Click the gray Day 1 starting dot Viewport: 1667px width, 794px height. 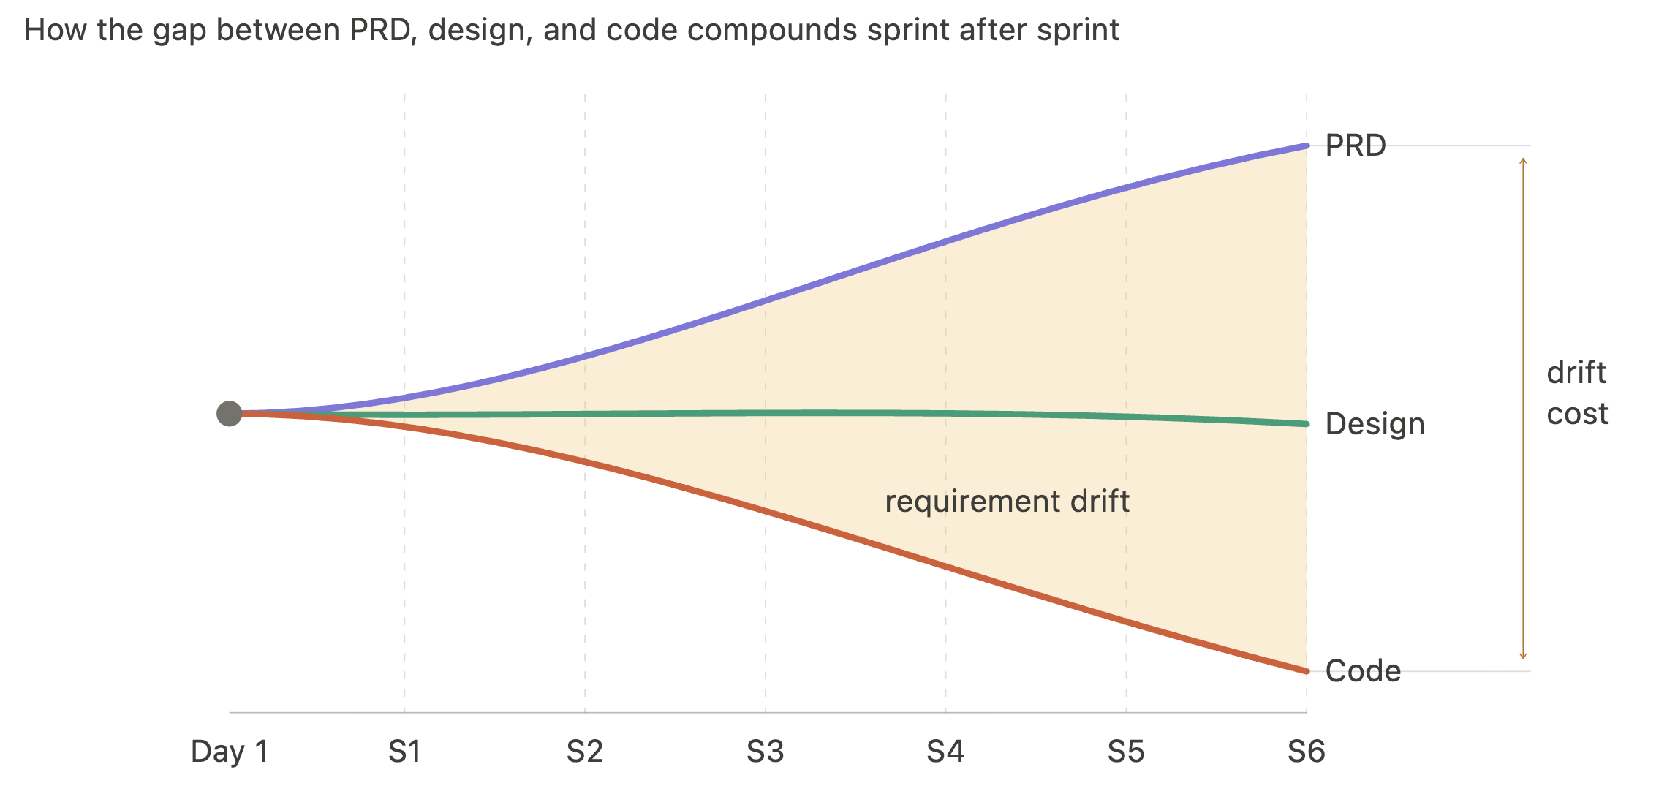click(x=230, y=414)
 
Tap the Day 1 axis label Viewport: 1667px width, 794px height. click(x=230, y=752)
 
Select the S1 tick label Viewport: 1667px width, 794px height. click(x=404, y=752)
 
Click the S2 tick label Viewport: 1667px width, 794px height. click(x=585, y=752)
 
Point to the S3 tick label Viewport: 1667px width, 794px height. click(x=765, y=752)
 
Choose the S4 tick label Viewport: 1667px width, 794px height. click(x=945, y=752)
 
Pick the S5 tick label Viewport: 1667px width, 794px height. click(x=1126, y=752)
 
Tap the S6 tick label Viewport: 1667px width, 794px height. click(x=1307, y=752)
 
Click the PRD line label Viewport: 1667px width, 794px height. click(x=1356, y=145)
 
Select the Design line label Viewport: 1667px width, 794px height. click(x=1375, y=424)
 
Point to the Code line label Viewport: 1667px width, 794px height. click(x=1363, y=671)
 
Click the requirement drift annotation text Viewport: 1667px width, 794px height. click(x=1007, y=502)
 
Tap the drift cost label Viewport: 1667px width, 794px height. click(x=1577, y=393)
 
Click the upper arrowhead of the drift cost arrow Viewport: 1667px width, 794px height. click(x=1523, y=160)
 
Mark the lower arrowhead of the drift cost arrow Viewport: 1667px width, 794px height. click(x=1523, y=657)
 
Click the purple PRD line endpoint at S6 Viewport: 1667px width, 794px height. click(x=1306, y=146)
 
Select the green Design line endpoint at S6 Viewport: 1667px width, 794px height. click(x=1306, y=424)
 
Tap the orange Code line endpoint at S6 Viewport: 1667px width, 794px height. click(x=1306, y=670)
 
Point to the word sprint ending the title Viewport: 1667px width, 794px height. click(x=1076, y=31)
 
